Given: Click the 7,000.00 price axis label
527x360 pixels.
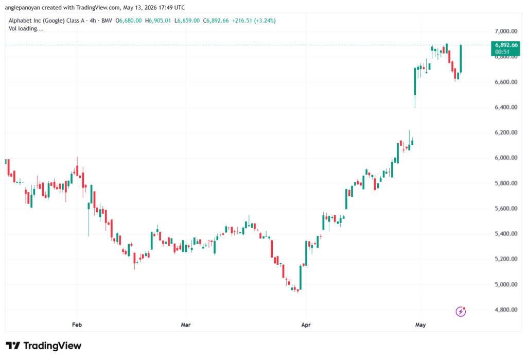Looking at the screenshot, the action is [506, 31].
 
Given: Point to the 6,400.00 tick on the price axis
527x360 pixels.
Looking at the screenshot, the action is [506, 107].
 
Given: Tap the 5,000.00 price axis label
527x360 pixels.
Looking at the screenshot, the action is [506, 285].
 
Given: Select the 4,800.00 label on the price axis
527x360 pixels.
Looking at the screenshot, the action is [506, 310].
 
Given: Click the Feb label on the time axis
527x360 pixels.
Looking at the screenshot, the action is [77, 324].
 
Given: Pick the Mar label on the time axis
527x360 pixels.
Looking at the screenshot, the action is [185, 324].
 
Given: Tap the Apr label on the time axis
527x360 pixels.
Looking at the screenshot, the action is [306, 324].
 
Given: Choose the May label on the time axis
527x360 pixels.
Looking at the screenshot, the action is [420, 324].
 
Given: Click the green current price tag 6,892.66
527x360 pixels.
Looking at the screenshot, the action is [505, 48].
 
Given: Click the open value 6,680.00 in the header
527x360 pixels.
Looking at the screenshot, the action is [130, 21].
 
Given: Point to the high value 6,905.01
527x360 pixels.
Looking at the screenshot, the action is [160, 21].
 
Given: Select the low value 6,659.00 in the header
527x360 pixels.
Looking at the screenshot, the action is [188, 21].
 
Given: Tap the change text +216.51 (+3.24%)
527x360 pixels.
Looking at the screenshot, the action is [254, 21].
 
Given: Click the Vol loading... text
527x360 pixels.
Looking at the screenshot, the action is [26, 29].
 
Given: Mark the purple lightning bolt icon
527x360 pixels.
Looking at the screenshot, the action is [461, 312].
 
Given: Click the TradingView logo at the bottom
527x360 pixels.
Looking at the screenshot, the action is [44, 346].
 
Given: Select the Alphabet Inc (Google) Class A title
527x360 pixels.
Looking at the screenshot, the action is [46, 21].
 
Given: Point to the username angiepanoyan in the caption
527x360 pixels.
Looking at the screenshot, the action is [23, 7].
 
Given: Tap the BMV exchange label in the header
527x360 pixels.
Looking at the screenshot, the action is [107, 21].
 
